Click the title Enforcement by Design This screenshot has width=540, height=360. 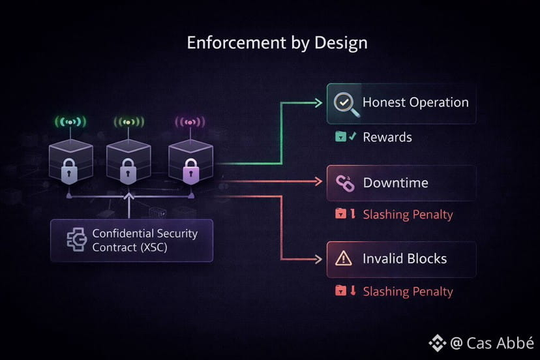point(277,43)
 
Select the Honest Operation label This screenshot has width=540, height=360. point(415,102)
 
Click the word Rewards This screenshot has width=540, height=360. point(387,137)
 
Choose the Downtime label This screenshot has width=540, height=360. point(395,183)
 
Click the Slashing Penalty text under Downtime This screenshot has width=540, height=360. point(408,215)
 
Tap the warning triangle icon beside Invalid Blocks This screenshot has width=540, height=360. point(343,259)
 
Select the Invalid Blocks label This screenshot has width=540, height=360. point(404,258)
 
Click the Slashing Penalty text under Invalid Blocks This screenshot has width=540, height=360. point(408,292)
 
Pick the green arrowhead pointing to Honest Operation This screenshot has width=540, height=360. point(319,102)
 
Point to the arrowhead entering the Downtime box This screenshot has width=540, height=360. point(320,183)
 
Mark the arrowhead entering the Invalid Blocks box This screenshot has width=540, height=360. point(320,259)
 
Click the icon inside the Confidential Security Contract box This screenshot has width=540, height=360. point(76,239)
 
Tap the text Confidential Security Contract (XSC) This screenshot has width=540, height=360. point(144,240)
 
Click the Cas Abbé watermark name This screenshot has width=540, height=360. point(499,343)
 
